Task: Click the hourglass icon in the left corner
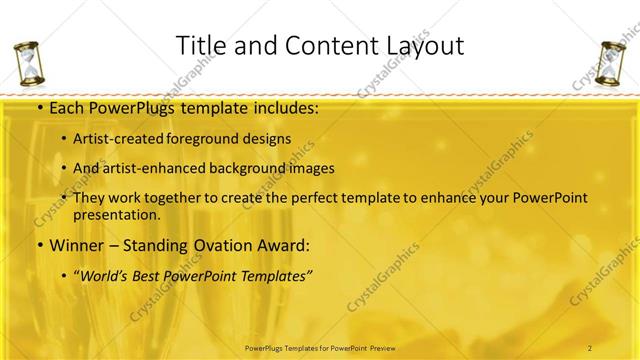32,64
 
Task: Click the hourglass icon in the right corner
609,64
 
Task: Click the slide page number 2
590,347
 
